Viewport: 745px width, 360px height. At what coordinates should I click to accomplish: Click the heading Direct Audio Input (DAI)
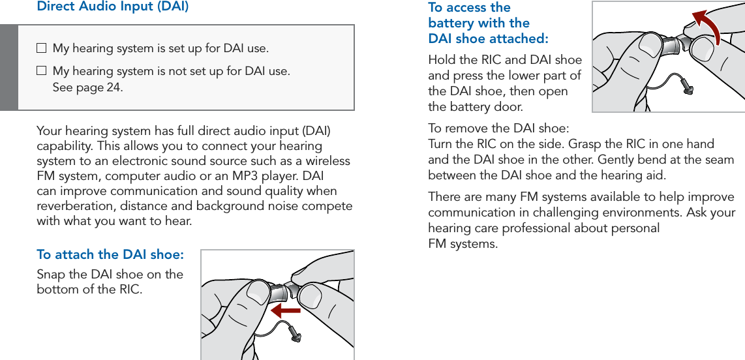[113, 7]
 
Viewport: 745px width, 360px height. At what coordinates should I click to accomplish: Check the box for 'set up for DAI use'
[42, 48]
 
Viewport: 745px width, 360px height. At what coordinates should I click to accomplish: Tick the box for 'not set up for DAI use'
[42, 70]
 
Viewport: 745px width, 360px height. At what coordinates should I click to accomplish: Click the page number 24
[114, 87]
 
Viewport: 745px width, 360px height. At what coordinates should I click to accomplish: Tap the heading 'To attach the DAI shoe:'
[110, 254]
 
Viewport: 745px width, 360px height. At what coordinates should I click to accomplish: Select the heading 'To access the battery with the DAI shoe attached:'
[488, 23]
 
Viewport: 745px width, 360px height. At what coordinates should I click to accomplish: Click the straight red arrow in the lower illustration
[285, 309]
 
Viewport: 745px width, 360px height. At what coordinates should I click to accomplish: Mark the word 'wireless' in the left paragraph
[327, 161]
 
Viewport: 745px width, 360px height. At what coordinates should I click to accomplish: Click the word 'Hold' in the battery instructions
[440, 61]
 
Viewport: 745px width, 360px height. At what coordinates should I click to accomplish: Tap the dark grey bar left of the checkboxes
[9, 68]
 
